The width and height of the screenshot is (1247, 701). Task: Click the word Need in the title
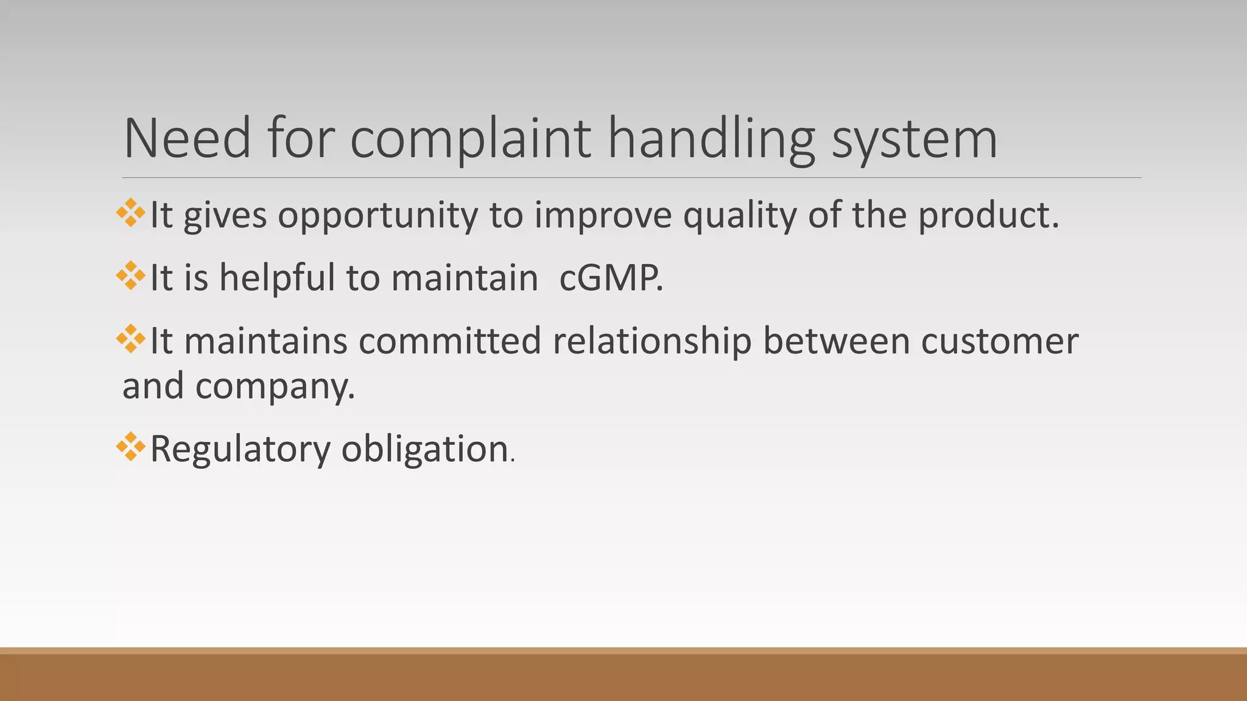pyautogui.click(x=187, y=139)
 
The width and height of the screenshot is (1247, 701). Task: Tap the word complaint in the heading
pyautogui.click(x=470, y=139)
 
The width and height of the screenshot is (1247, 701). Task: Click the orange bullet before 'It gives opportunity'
pyautogui.click(x=130, y=213)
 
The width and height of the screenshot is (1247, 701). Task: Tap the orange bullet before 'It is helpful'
pyautogui.click(x=130, y=276)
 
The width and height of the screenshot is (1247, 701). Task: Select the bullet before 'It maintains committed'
pyautogui.click(x=130, y=339)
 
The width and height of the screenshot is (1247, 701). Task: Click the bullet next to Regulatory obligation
pyautogui.click(x=130, y=447)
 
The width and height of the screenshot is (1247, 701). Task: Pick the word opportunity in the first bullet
pyautogui.click(x=378, y=215)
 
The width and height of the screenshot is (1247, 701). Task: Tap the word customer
pyautogui.click(x=999, y=341)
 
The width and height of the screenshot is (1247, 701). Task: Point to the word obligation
pyautogui.click(x=425, y=449)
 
